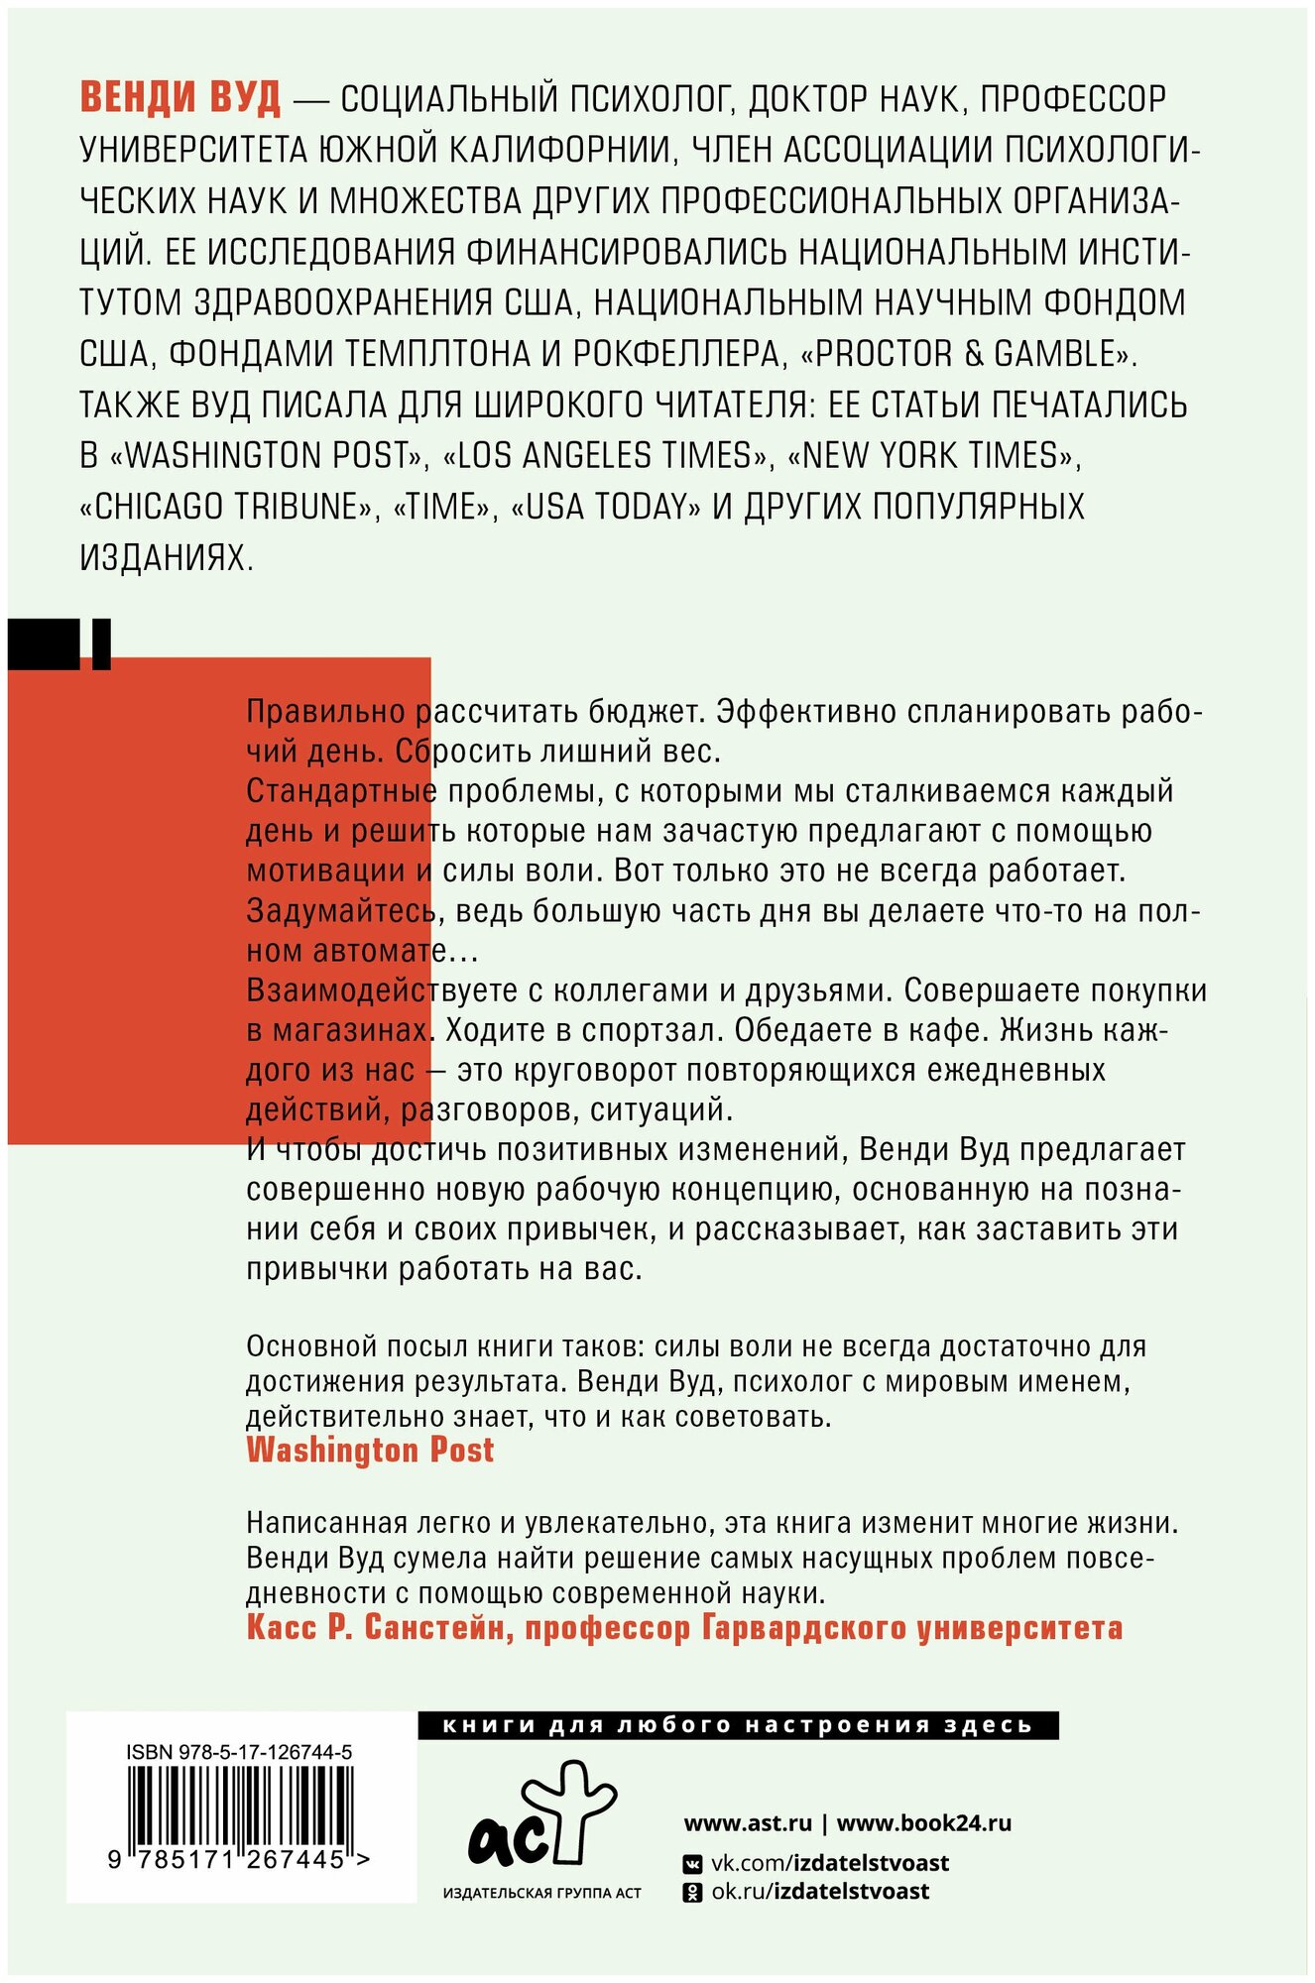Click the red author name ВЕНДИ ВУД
pyautogui.click(x=179, y=99)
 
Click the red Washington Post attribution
pyautogui.click(x=370, y=1451)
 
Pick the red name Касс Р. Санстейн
pyautogui.click(x=377, y=1627)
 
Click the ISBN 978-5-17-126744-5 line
pyautogui.click(x=239, y=1752)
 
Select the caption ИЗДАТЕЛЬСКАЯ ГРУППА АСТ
pyautogui.click(x=541, y=1893)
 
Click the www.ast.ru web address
pyautogui.click(x=748, y=1822)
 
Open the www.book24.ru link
pyautogui.click(x=924, y=1822)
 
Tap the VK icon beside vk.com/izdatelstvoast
pyautogui.click(x=694, y=1864)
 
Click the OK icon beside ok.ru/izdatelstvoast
pyautogui.click(x=694, y=1892)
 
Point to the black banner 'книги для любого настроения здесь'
pyautogui.click(x=738, y=1725)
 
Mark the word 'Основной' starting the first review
pyautogui.click(x=310, y=1346)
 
